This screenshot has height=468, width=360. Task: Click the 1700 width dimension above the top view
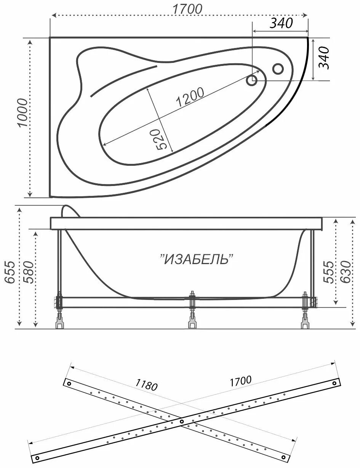click(x=187, y=9)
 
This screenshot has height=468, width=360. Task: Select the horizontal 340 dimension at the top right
click(x=281, y=23)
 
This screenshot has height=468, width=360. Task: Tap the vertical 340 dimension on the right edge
click(x=324, y=58)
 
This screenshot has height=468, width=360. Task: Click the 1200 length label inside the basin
click(x=189, y=97)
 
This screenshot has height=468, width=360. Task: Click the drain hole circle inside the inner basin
click(x=252, y=80)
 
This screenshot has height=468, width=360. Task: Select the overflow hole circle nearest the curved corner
click(x=278, y=69)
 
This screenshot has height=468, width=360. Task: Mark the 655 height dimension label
click(x=10, y=272)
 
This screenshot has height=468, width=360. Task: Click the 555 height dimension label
click(x=329, y=272)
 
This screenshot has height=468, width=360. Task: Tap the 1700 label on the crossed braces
click(x=240, y=380)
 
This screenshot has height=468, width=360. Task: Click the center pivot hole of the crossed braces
click(x=182, y=422)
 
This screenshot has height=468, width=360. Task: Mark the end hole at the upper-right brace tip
click(x=334, y=383)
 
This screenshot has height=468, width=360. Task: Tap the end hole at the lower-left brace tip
click(x=37, y=458)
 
